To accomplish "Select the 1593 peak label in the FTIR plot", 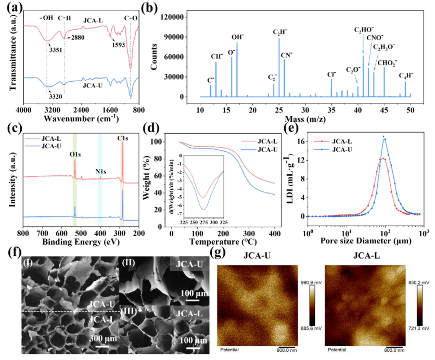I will [x=118, y=44].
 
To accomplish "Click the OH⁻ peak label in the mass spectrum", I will [x=237, y=37].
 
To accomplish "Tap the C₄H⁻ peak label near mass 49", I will [x=406, y=75].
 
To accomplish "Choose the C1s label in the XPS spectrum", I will [x=122, y=139].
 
